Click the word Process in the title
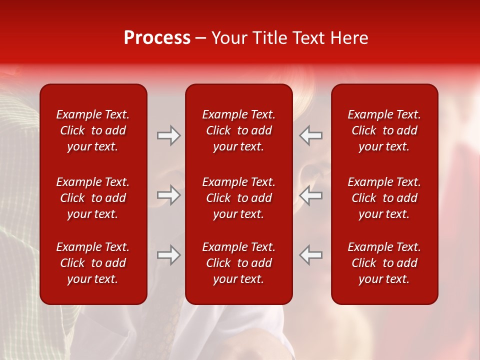point(157,38)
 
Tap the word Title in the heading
point(269,38)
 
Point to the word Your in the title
point(229,38)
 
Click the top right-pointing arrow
point(169,135)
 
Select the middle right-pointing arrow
point(169,195)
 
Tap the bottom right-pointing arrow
point(169,255)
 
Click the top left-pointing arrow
point(310,135)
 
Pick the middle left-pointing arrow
point(310,195)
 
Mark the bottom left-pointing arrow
point(310,255)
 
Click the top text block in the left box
point(93,130)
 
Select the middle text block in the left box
point(93,198)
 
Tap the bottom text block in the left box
point(93,263)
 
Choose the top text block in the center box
point(238,130)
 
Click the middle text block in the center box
point(238,198)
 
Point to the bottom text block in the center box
point(238,263)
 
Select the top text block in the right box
point(384,130)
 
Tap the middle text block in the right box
point(384,198)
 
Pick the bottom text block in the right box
point(384,263)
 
